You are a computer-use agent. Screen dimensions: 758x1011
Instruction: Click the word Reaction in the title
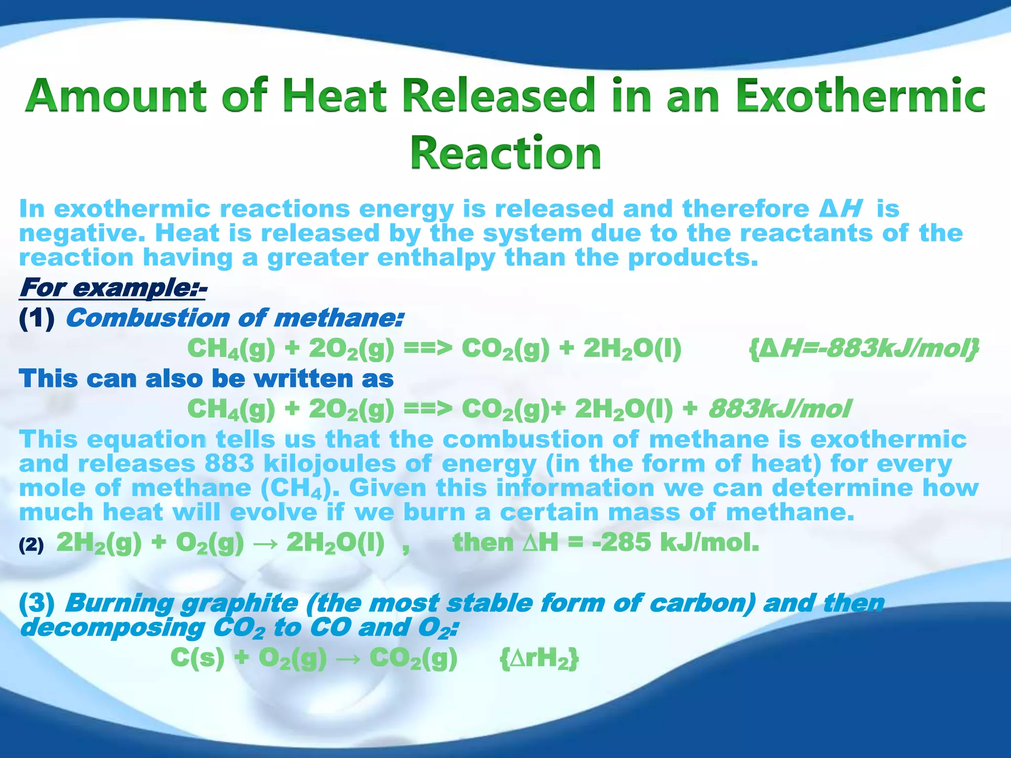(x=505, y=152)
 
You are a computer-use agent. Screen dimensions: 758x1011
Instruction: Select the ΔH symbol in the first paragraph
(x=840, y=209)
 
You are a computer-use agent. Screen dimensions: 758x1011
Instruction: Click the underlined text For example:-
(x=113, y=288)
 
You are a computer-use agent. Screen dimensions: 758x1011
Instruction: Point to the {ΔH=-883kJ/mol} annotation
(x=863, y=349)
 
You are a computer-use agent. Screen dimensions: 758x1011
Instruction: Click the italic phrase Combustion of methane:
(x=234, y=318)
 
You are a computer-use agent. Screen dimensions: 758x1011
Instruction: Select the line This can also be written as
(x=206, y=379)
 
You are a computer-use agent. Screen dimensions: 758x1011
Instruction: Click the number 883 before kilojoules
(x=229, y=464)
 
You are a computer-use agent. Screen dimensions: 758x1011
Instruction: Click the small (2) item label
(x=31, y=545)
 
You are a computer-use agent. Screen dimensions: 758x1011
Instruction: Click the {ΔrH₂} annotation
(x=539, y=659)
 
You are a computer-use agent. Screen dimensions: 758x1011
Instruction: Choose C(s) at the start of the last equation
(x=197, y=658)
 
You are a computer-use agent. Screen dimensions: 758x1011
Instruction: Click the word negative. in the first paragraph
(x=82, y=233)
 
